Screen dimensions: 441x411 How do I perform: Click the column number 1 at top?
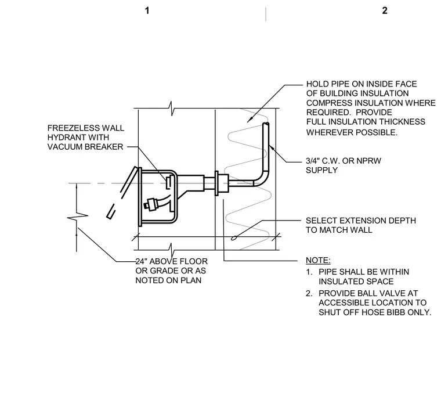[x=147, y=10]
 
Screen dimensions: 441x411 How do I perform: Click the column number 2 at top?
[x=385, y=10]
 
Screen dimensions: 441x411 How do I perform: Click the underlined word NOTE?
[x=318, y=260]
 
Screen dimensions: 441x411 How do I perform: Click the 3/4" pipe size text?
[x=313, y=161]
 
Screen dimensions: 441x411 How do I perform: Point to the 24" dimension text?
[x=141, y=261]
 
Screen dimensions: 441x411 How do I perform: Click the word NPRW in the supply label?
[x=368, y=161]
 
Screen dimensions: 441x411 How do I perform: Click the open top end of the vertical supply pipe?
[x=266, y=124]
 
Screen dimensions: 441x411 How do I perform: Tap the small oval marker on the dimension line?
[x=234, y=238]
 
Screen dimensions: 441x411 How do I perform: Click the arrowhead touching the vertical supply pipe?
[x=271, y=147]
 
